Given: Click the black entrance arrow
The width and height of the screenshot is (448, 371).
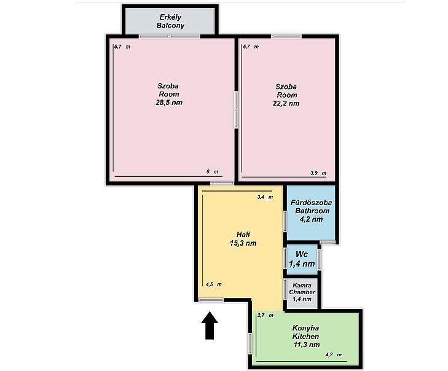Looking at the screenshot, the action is [x=210, y=326].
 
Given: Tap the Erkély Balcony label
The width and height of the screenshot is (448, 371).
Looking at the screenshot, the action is [x=170, y=21].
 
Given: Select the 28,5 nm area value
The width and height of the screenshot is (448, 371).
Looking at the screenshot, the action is [x=169, y=103].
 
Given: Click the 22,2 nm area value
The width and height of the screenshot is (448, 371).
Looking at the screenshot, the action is [x=286, y=103].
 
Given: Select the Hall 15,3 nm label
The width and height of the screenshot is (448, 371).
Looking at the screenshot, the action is [x=243, y=239].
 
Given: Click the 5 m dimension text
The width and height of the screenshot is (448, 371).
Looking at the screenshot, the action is [x=212, y=171].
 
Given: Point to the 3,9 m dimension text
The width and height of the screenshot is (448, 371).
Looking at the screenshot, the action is [x=318, y=173].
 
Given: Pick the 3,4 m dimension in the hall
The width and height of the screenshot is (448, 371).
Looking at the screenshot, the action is [x=265, y=197].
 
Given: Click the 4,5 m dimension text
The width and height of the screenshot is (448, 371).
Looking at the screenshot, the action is [x=214, y=284].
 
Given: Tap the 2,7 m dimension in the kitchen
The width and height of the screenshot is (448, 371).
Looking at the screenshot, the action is [x=265, y=315].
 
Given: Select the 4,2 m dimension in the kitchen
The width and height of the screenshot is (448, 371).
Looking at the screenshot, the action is [x=334, y=354].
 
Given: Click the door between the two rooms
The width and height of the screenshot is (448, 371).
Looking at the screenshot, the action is [x=236, y=109].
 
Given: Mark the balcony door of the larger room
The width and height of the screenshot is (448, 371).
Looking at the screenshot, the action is [x=170, y=36].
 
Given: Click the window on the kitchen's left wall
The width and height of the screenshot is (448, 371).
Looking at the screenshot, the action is [x=250, y=344].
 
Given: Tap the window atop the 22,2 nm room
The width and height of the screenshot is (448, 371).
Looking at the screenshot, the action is [x=286, y=36].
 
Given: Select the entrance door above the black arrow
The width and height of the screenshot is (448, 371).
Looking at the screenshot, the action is [x=211, y=300].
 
